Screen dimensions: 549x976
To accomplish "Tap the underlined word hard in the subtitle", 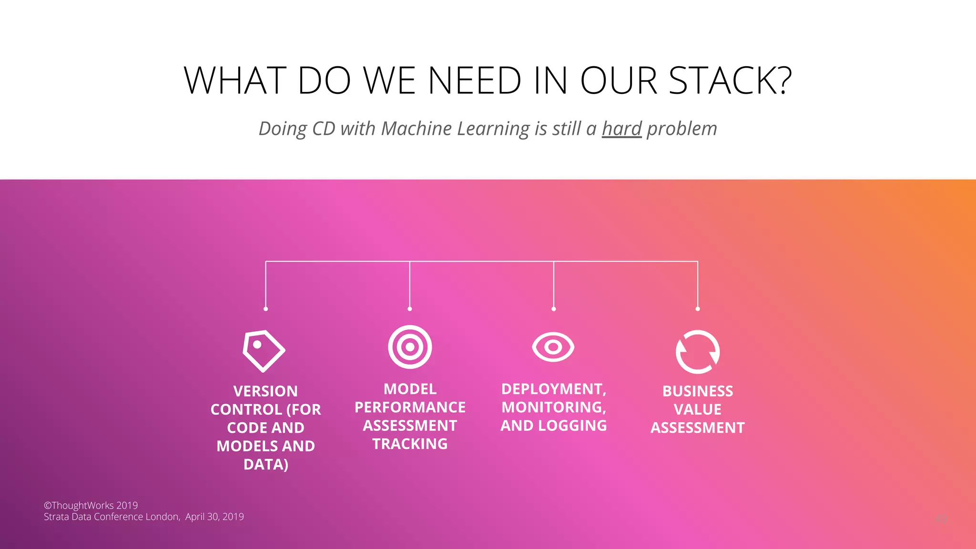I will point(622,129).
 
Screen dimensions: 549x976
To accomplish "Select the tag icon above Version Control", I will point(264,351).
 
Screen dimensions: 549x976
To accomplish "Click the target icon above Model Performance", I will point(410,347).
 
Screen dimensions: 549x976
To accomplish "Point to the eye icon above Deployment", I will point(553,347).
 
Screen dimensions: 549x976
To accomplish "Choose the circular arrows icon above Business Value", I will point(698,352).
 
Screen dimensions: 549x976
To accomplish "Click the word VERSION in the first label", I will point(265,391).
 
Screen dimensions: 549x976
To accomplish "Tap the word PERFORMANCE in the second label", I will point(410,407).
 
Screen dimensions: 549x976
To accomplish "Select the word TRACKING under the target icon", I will point(410,444).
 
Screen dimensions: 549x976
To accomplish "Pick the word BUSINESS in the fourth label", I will point(698,391).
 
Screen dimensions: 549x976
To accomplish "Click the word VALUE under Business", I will point(698,409).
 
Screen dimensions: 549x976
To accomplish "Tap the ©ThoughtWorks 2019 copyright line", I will point(91,505).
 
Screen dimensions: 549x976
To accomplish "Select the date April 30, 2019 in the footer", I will point(214,517).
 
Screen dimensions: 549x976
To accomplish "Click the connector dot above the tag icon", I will point(265,309).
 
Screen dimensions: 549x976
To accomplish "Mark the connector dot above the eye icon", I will point(553,309).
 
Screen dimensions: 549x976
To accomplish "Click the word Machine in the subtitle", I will point(416,129).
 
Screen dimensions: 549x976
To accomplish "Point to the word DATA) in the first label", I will point(265,465).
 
